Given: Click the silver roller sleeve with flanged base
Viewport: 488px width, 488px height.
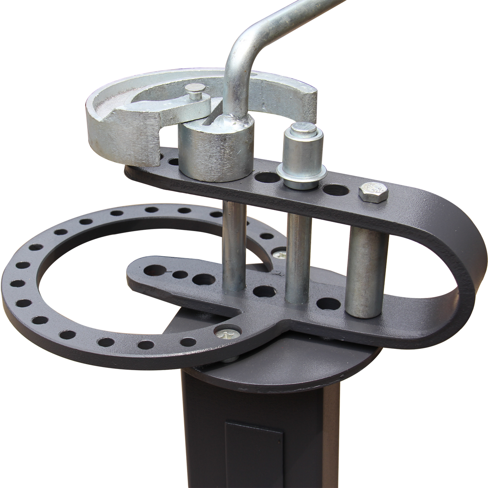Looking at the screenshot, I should point(303,161).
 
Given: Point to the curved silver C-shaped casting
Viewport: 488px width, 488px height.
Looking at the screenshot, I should point(121,121).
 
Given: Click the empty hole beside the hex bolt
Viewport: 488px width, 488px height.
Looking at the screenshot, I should point(336,190).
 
